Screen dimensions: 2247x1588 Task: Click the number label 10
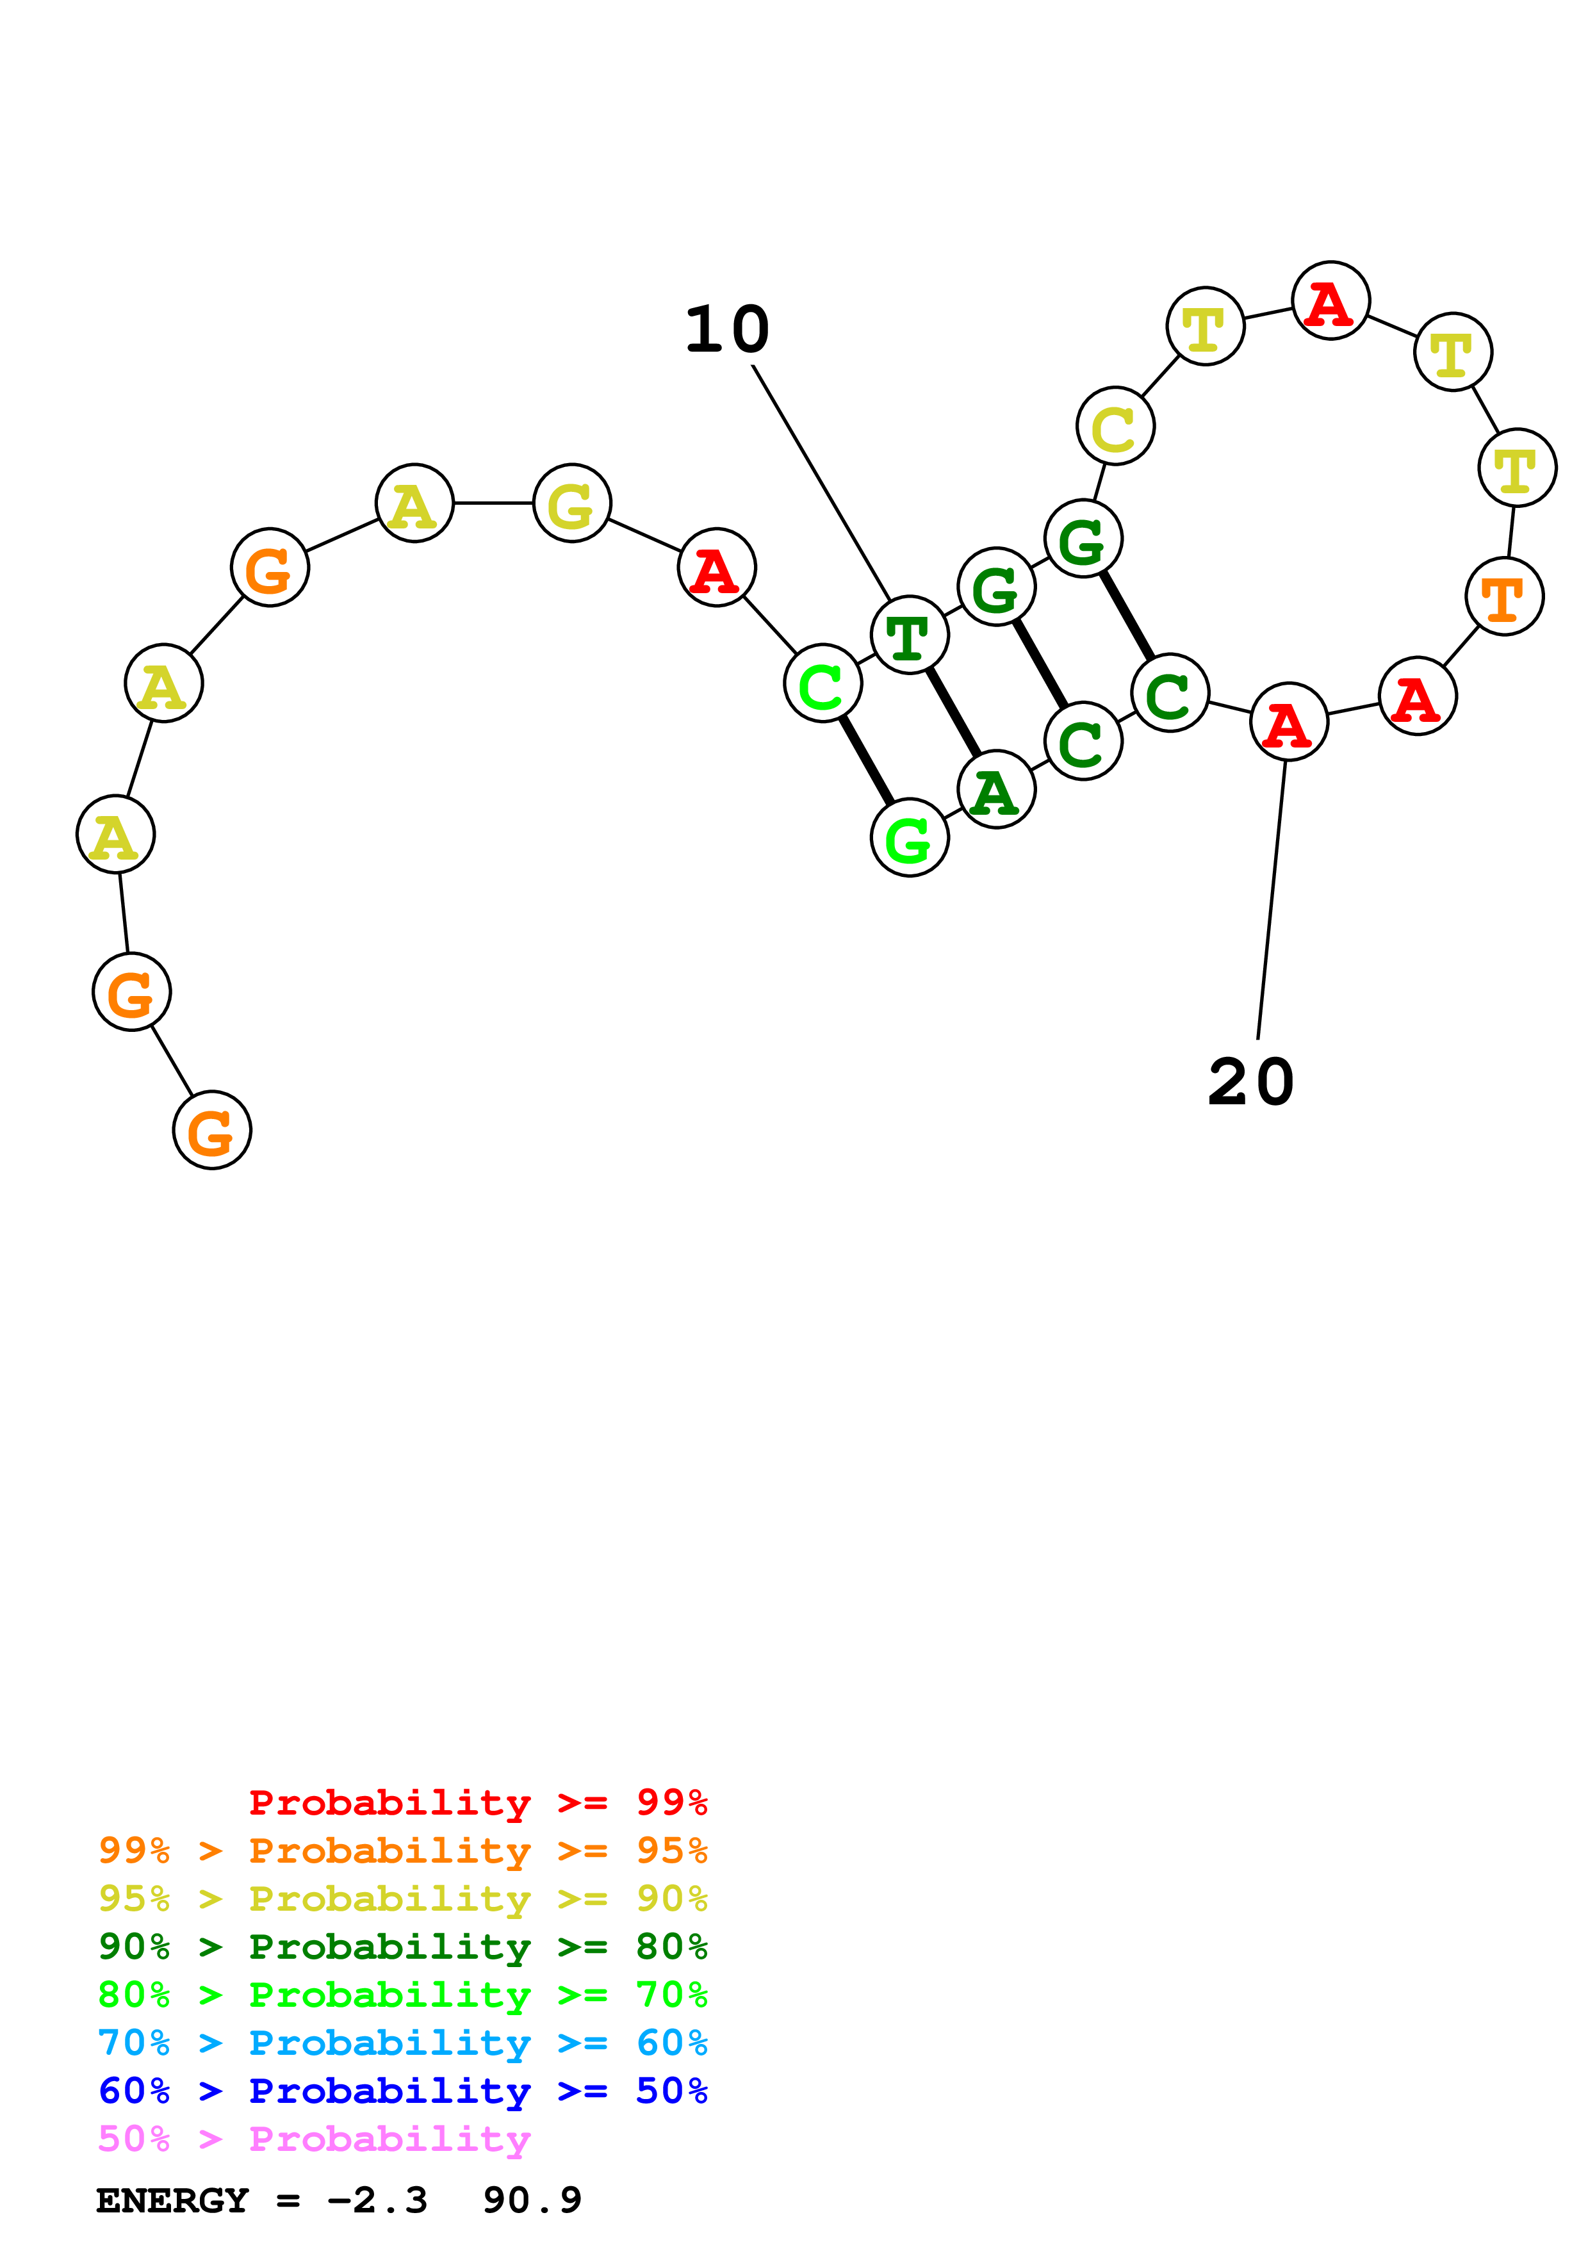[727, 330]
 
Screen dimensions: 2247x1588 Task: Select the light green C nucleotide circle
[823, 683]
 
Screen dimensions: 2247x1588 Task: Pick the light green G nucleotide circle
[909, 838]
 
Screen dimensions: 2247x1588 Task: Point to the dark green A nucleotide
[996, 790]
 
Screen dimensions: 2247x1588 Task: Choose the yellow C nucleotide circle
[1115, 427]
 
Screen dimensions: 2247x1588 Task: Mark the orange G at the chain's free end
[212, 1131]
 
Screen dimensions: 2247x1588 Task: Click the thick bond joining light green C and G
[866, 760]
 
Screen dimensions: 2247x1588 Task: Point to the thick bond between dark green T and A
[953, 712]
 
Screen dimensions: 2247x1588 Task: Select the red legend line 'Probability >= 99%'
[477, 1802]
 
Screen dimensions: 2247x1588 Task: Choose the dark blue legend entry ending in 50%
[402, 2091]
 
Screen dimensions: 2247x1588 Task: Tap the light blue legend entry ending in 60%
[402, 2043]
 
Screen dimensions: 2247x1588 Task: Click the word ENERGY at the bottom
[172, 2201]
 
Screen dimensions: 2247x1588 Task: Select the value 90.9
[532, 2201]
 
